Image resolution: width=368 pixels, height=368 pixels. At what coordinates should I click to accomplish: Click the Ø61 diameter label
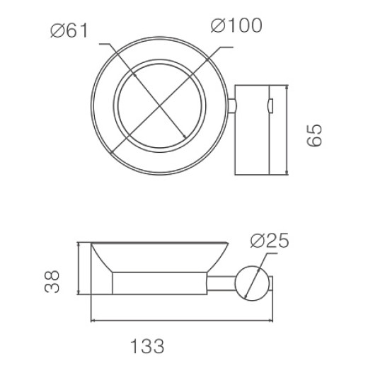(x=69, y=30)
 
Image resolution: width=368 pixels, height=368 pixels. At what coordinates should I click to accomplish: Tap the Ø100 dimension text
(x=236, y=25)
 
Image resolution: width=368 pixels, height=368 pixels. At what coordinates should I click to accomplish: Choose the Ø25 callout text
(x=270, y=241)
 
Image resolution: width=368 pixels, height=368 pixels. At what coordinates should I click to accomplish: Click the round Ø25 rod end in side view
(x=253, y=282)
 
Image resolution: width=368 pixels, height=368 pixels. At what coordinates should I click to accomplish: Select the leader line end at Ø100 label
(x=232, y=47)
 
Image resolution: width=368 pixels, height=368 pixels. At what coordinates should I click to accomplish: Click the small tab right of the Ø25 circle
(x=275, y=284)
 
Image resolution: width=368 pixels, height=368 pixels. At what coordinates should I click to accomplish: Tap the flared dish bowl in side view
(x=159, y=255)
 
